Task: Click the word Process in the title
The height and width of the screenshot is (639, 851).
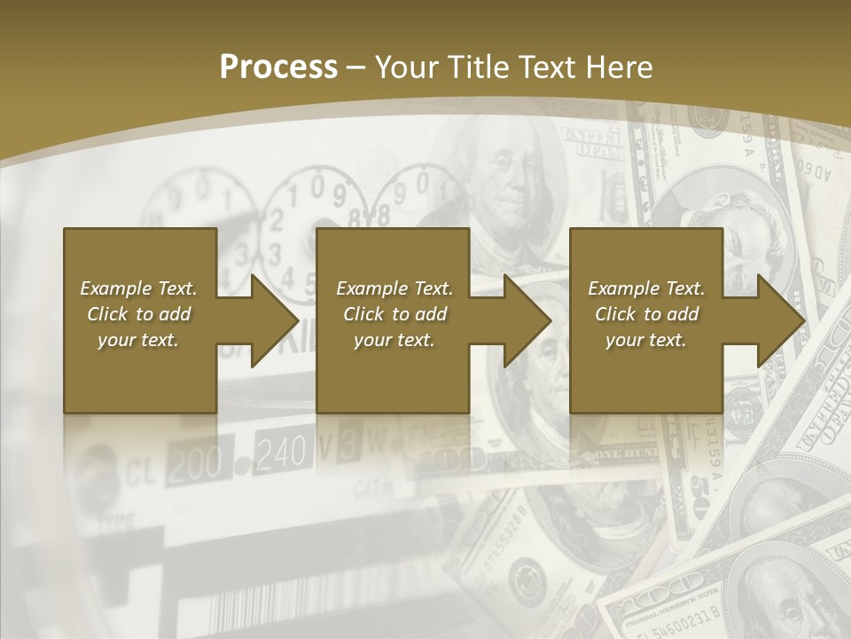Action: point(278,67)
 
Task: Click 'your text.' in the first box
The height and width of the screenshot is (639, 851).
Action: point(138,340)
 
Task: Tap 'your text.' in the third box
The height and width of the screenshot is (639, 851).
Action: point(646,340)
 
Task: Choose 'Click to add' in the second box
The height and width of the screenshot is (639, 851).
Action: point(394,314)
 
